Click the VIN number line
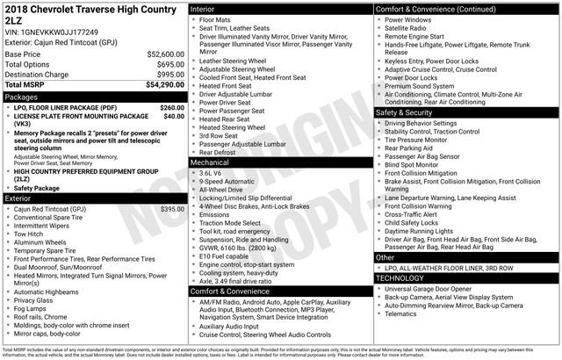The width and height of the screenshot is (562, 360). pos(58,32)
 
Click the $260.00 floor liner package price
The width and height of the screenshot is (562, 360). pos(172,107)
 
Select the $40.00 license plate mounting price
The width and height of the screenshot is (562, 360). pos(174,116)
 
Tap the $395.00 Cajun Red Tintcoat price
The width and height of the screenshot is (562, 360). pos(173,209)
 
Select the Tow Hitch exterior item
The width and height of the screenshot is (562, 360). pos(31,234)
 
